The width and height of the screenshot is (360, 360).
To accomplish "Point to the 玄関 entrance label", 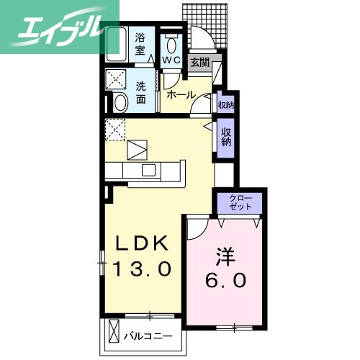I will tap(199, 63).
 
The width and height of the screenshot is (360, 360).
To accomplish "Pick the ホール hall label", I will tap(180, 94).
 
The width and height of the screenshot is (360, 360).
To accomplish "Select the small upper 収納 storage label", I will tap(225, 105).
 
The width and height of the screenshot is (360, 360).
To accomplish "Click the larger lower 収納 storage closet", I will tap(225, 137).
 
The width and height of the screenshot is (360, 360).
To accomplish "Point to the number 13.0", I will tap(143, 270).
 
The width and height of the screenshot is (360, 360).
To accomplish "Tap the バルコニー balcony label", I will tap(152, 336).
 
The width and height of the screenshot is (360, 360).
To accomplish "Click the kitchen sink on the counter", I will tap(149, 170).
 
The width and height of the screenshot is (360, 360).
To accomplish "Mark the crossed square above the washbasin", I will tap(116, 79).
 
